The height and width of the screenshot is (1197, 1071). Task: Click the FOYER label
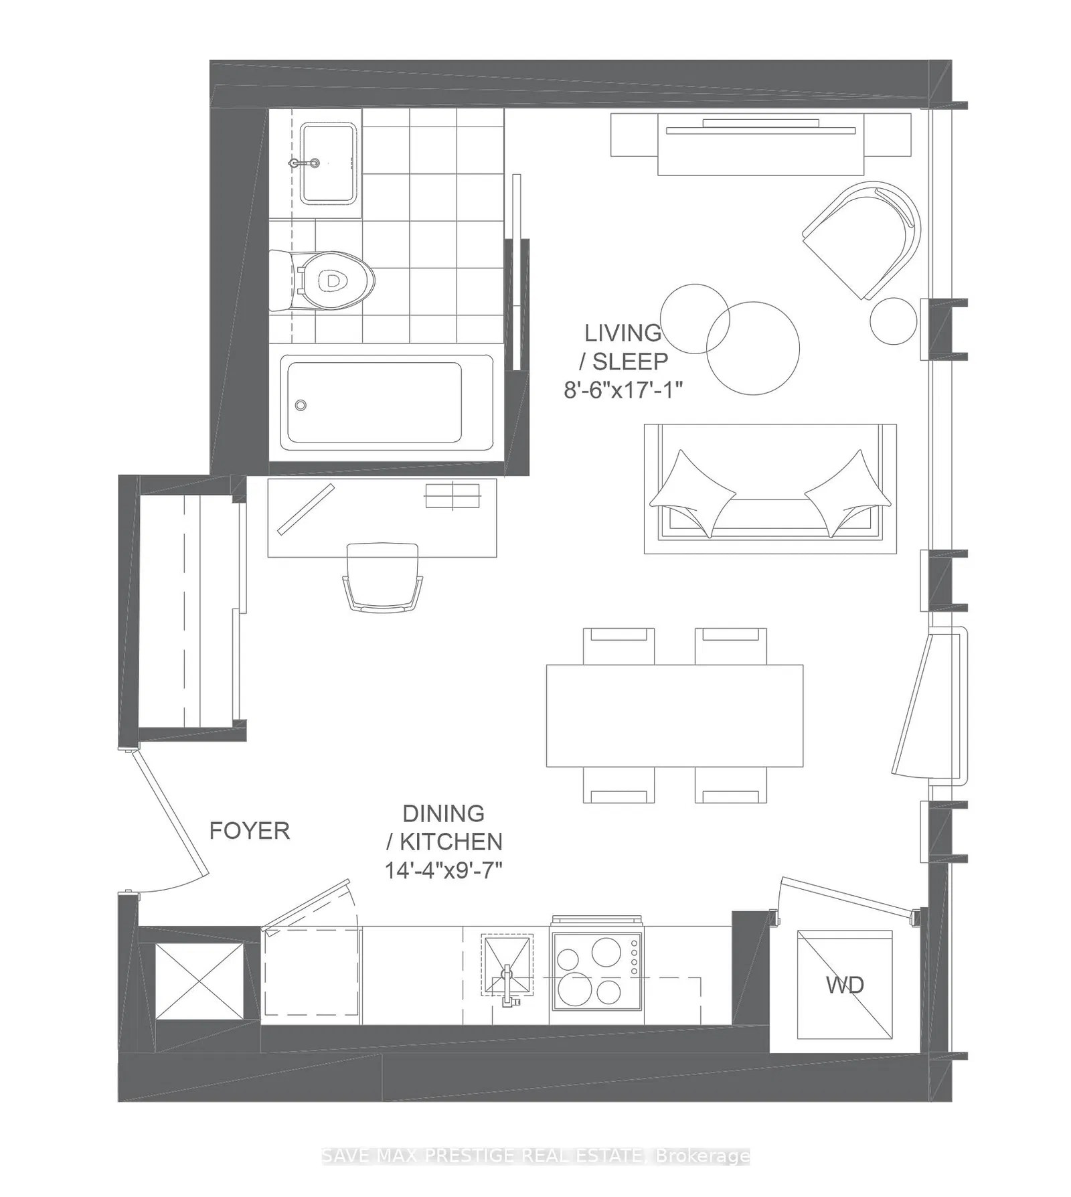[249, 831]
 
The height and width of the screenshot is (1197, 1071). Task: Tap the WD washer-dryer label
[845, 985]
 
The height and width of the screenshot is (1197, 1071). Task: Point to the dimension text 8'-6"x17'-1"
[623, 389]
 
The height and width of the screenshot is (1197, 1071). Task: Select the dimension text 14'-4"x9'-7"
[443, 870]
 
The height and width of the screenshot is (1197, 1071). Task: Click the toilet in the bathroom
[328, 281]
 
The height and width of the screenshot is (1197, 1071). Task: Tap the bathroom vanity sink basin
[327, 163]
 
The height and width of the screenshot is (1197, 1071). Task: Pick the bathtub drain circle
[301, 405]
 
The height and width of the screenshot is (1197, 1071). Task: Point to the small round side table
[893, 321]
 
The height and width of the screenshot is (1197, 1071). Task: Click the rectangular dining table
[674, 715]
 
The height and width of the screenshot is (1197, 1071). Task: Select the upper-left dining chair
[618, 645]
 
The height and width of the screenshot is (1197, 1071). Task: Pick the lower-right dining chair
[730, 785]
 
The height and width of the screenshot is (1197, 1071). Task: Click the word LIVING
[623, 333]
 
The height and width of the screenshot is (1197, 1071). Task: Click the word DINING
[443, 813]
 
